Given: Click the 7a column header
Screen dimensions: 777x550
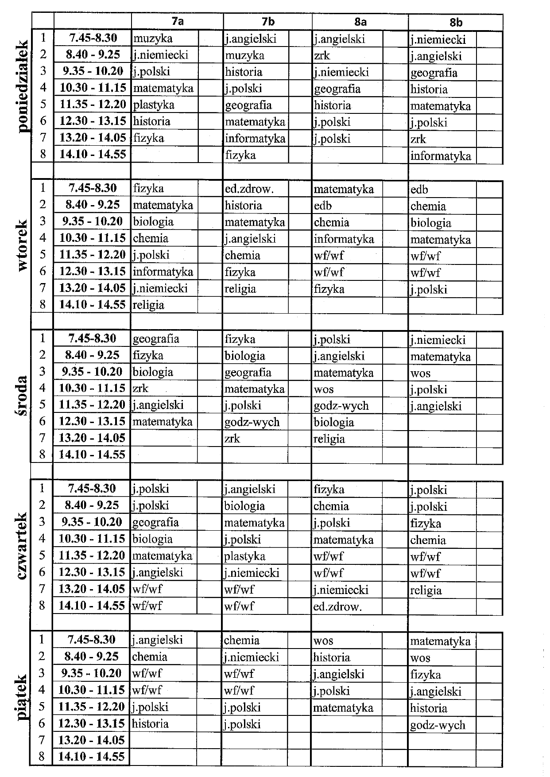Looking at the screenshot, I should (178, 21).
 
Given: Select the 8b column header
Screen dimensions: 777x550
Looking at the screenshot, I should (456, 22).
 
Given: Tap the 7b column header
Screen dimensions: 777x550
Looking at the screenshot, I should (268, 21).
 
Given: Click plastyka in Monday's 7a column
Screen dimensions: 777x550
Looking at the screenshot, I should (154, 105).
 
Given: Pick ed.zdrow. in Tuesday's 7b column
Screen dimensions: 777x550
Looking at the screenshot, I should (249, 189).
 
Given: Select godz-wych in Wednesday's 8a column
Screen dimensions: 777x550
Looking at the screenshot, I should (341, 406).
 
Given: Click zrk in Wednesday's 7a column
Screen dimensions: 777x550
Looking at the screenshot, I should (140, 388).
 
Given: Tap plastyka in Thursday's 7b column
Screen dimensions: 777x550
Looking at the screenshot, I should (244, 556).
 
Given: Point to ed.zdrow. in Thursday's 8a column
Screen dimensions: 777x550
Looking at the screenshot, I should (337, 607).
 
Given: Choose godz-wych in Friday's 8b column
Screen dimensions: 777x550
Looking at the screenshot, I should (438, 725).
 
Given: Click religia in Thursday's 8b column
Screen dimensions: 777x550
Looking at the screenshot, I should (426, 590).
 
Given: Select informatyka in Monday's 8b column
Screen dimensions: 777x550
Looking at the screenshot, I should (440, 156).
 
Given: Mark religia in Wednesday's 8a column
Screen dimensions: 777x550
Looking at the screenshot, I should (329, 439).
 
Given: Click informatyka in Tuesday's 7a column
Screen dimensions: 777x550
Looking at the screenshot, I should (163, 272).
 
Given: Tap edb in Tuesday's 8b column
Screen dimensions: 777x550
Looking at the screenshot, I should (419, 190).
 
